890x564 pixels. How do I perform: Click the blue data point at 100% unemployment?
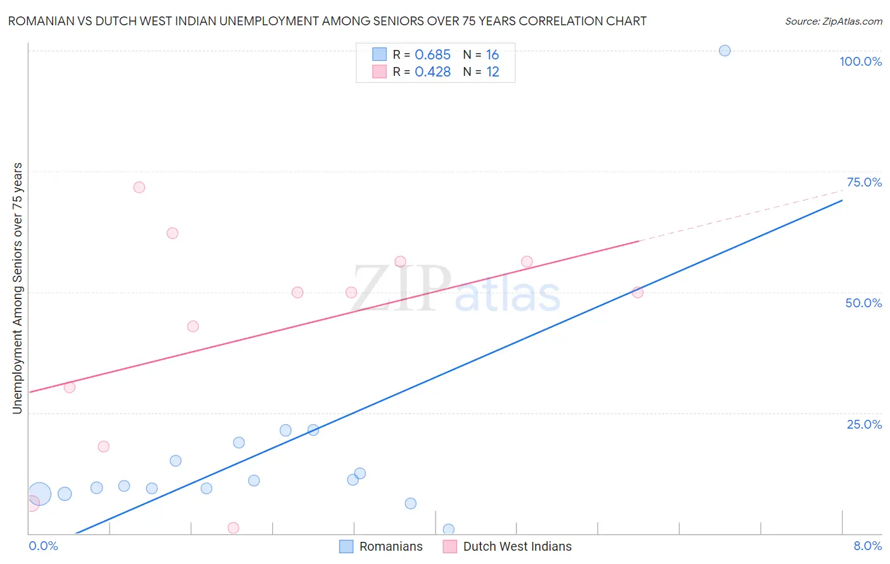click(x=725, y=51)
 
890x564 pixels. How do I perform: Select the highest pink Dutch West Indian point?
click(x=139, y=187)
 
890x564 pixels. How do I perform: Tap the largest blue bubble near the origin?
click(x=39, y=494)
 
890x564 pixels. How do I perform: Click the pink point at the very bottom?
click(x=234, y=528)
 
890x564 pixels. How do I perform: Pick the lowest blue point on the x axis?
click(x=449, y=529)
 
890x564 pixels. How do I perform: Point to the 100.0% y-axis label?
click(x=860, y=61)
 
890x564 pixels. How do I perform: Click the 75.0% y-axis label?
click(x=864, y=182)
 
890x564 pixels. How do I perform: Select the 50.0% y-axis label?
click(x=863, y=303)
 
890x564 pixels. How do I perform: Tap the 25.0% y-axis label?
click(x=864, y=424)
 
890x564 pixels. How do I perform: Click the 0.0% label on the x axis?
click(x=43, y=546)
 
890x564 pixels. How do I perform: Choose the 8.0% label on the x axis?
click(x=867, y=546)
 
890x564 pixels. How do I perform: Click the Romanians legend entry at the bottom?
click(x=381, y=546)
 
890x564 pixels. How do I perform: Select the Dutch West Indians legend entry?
click(x=508, y=546)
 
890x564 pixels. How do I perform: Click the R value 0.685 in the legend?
click(x=432, y=55)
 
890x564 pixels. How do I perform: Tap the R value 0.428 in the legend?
click(x=432, y=72)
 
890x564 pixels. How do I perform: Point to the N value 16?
click(x=492, y=55)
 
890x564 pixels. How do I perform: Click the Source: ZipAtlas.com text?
click(x=833, y=21)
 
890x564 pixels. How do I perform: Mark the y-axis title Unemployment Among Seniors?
click(x=17, y=288)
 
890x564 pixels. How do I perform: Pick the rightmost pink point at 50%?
click(x=637, y=292)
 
